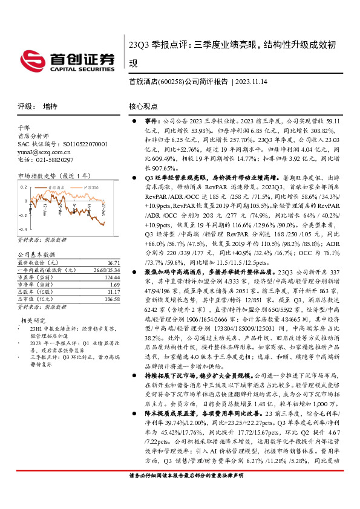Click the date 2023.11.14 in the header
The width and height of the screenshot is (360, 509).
(x=252, y=81)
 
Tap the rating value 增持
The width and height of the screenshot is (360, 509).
(x=50, y=106)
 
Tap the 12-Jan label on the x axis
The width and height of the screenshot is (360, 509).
(x=45, y=209)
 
